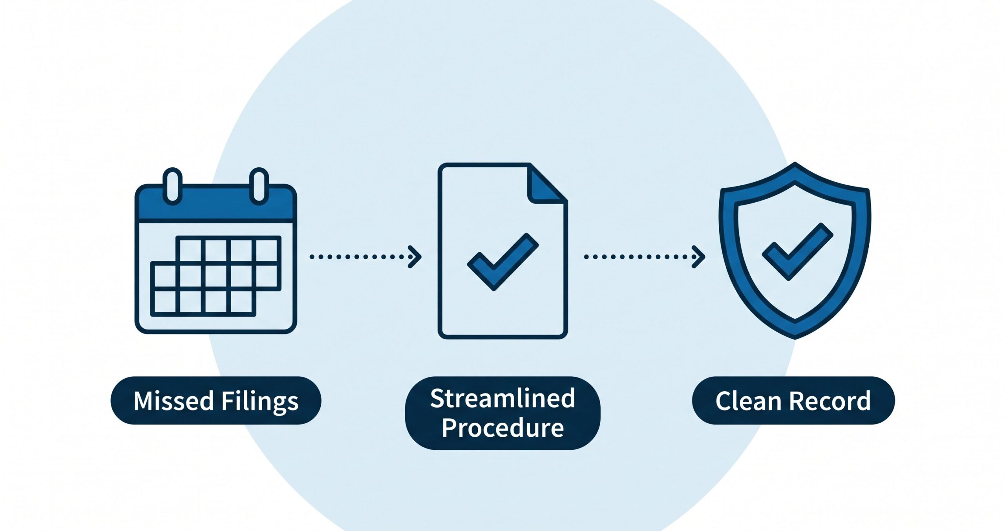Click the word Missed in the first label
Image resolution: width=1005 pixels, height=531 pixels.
[x=173, y=401]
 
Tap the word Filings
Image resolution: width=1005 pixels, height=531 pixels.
[x=260, y=401]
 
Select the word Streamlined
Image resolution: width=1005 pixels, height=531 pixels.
[x=502, y=399]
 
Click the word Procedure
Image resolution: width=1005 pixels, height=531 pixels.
[x=502, y=428]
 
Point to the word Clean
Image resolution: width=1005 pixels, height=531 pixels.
[x=748, y=401]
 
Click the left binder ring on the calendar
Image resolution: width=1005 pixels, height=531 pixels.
[x=172, y=186]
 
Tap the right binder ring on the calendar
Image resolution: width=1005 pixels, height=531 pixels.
[x=259, y=186]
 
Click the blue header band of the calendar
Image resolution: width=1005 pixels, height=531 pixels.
[x=216, y=208]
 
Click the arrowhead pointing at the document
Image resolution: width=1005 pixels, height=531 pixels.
[x=415, y=257]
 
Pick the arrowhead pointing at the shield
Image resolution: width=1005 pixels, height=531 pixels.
[x=699, y=257]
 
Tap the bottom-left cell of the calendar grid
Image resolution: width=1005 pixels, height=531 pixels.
[x=165, y=302]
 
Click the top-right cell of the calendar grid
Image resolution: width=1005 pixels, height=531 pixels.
[x=267, y=250]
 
